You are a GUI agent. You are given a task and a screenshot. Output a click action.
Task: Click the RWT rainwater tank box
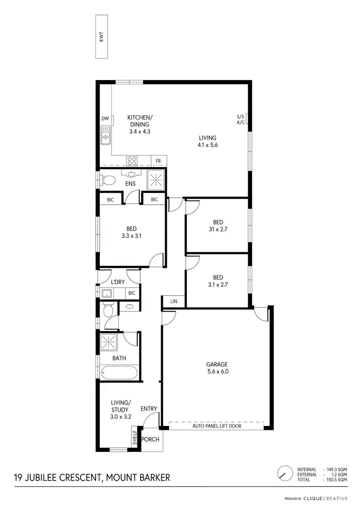(102, 36)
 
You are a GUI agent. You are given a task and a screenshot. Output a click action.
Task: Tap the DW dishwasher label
(105, 118)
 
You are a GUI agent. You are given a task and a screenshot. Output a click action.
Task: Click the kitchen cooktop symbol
(132, 161)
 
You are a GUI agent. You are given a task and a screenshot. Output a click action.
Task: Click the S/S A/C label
(240, 119)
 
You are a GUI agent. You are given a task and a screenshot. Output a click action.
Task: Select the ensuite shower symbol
(156, 179)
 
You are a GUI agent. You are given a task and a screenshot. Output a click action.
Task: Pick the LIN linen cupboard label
(173, 301)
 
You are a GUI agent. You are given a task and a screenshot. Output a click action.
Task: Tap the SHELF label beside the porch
(135, 437)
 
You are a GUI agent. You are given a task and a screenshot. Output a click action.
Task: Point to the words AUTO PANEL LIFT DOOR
(216, 426)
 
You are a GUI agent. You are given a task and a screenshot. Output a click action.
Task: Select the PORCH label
(150, 439)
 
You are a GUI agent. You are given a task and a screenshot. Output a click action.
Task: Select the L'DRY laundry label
(118, 283)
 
